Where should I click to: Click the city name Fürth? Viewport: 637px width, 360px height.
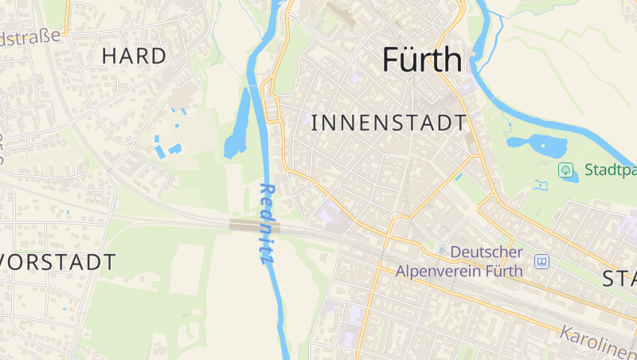(x=422, y=60)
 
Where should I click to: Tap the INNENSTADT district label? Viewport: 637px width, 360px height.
(x=389, y=123)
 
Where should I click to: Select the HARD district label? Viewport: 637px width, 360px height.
(x=135, y=56)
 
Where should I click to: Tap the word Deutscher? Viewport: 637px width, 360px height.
(x=487, y=252)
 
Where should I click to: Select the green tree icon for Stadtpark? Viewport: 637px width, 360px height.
(x=565, y=170)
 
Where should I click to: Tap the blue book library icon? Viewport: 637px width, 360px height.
(x=542, y=261)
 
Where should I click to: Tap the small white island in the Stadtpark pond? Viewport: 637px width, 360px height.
(x=553, y=144)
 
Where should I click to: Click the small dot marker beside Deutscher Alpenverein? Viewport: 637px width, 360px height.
(x=442, y=252)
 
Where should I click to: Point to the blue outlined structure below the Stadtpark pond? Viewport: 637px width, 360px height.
(x=543, y=186)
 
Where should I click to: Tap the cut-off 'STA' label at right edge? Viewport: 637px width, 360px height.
(x=619, y=279)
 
